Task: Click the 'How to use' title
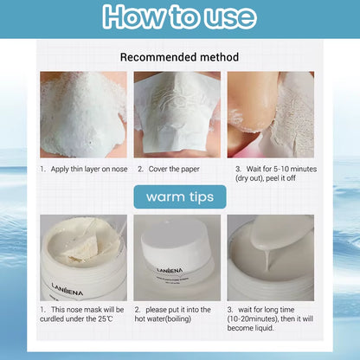click(x=179, y=17)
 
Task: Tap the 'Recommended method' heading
click(x=179, y=57)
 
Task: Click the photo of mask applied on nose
click(x=84, y=114)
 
